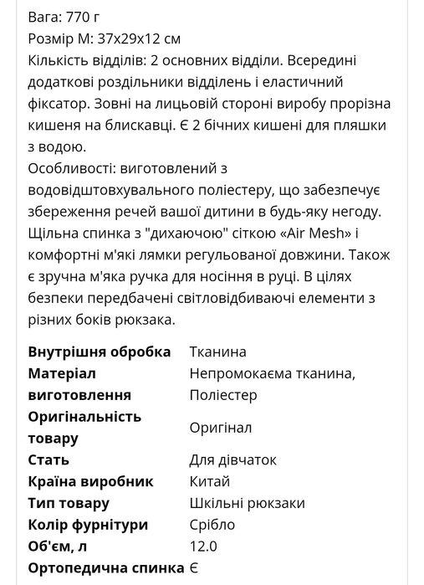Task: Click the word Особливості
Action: point(74,168)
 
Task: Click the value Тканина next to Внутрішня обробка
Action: point(217,352)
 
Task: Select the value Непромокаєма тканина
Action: point(273,373)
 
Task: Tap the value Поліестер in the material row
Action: point(223,395)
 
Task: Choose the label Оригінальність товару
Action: point(84,427)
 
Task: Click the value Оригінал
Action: point(221,428)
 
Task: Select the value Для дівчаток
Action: point(232,459)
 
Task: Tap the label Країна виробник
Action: point(90,481)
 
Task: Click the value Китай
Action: point(209,481)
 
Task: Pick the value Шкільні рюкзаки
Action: point(247,503)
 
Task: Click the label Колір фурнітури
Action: point(88,525)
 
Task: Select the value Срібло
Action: point(212,525)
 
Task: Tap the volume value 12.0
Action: point(203,547)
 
